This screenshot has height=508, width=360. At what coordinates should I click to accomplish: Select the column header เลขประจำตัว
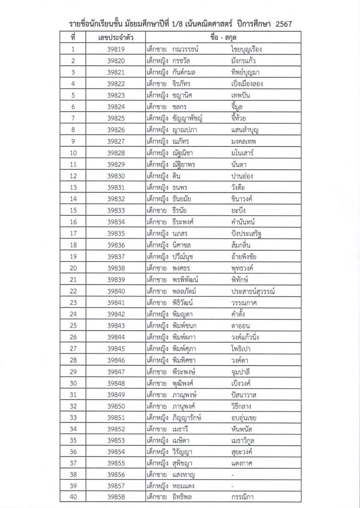pos(115,37)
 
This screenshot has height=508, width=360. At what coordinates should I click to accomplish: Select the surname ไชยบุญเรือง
pos(247,49)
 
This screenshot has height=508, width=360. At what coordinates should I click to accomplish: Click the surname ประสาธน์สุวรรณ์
pos(250,291)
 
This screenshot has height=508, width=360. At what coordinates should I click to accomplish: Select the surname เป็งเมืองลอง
pos(247,84)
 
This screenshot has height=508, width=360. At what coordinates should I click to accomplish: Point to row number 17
pos(73,234)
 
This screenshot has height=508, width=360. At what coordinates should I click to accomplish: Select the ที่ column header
pos(73,37)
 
